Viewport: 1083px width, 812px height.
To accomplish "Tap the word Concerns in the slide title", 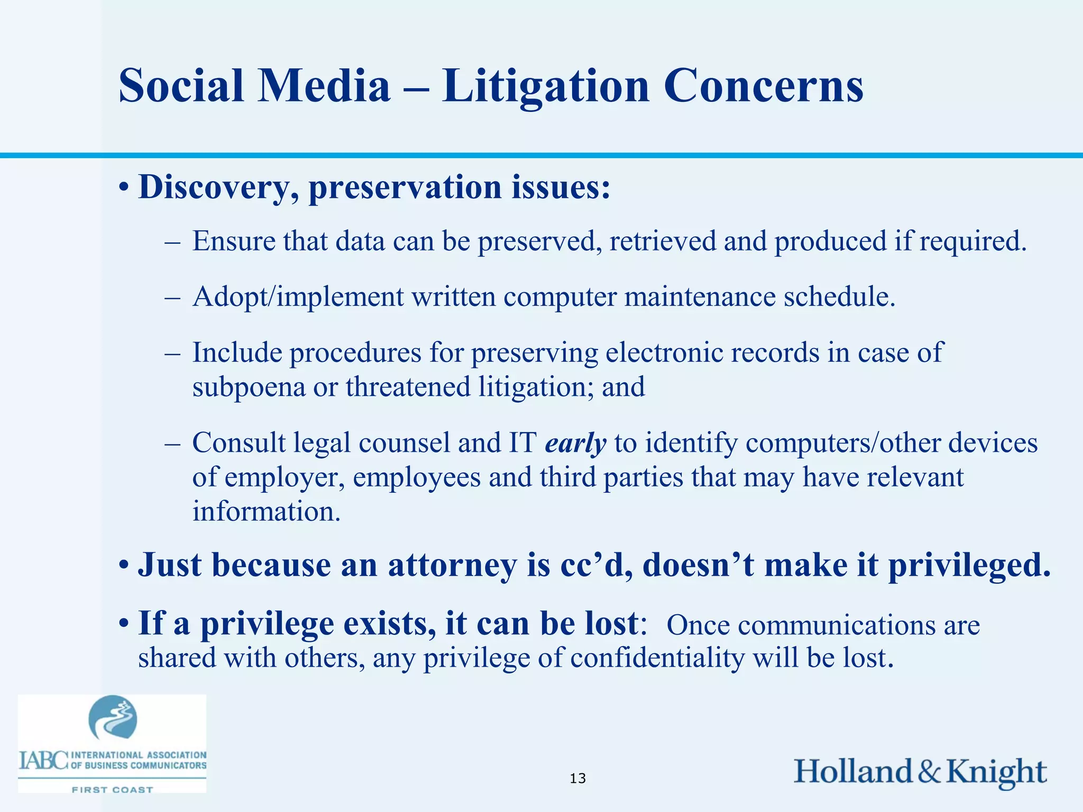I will coord(764,86).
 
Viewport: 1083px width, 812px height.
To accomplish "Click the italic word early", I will coord(575,443).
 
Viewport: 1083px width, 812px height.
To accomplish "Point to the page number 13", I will coord(578,778).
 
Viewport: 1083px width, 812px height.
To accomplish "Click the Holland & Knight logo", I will coord(920,772).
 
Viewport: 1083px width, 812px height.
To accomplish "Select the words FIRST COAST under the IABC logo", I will coord(112,790).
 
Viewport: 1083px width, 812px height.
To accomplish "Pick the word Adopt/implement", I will coord(298,297).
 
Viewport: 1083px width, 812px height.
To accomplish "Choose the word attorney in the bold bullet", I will coord(452,565).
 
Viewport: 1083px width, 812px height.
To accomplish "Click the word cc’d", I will coord(595,565).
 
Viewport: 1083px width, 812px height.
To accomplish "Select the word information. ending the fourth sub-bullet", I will coord(267,512).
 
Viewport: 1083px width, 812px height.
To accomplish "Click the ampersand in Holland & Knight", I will coord(929,772).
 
